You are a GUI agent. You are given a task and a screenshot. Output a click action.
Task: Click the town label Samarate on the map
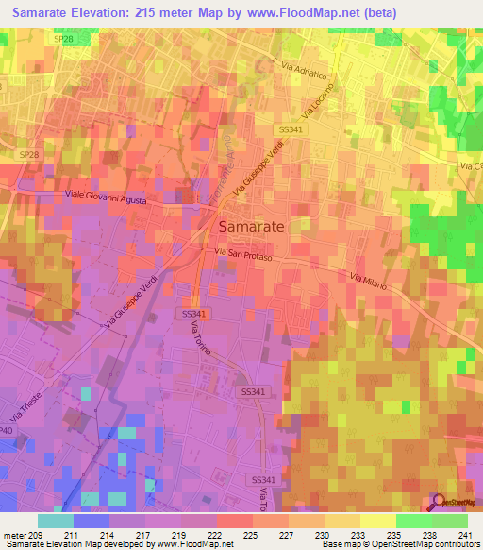click(x=252, y=227)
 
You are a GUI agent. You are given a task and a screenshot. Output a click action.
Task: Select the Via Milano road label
click(x=369, y=281)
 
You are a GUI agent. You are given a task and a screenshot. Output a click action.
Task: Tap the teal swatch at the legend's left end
click(x=56, y=521)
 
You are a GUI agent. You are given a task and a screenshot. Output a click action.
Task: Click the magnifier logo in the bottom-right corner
click(x=437, y=502)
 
